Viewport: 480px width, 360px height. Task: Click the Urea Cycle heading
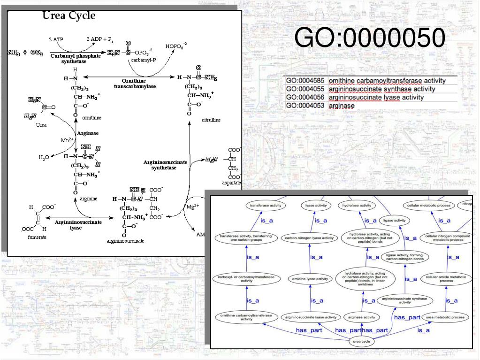[69, 16]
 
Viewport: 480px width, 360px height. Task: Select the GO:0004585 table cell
[305, 81]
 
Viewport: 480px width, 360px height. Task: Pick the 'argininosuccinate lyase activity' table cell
[376, 98]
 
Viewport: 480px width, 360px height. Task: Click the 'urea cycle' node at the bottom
[361, 341]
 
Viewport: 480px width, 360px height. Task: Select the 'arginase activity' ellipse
[363, 317]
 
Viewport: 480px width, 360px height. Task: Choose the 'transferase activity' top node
[266, 206]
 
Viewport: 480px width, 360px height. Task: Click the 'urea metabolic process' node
[445, 317]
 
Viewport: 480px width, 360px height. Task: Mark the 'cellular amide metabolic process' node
[445, 279]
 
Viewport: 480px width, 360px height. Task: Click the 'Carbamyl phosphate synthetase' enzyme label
[75, 58]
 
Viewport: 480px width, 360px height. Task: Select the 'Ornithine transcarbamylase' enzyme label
[135, 84]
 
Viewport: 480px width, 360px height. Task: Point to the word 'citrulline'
[211, 120]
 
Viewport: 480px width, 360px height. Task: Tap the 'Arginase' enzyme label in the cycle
[88, 133]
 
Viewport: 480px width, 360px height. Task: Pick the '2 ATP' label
[56, 39]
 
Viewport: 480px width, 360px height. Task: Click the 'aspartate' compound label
[232, 182]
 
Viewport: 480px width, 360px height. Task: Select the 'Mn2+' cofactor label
[67, 140]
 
